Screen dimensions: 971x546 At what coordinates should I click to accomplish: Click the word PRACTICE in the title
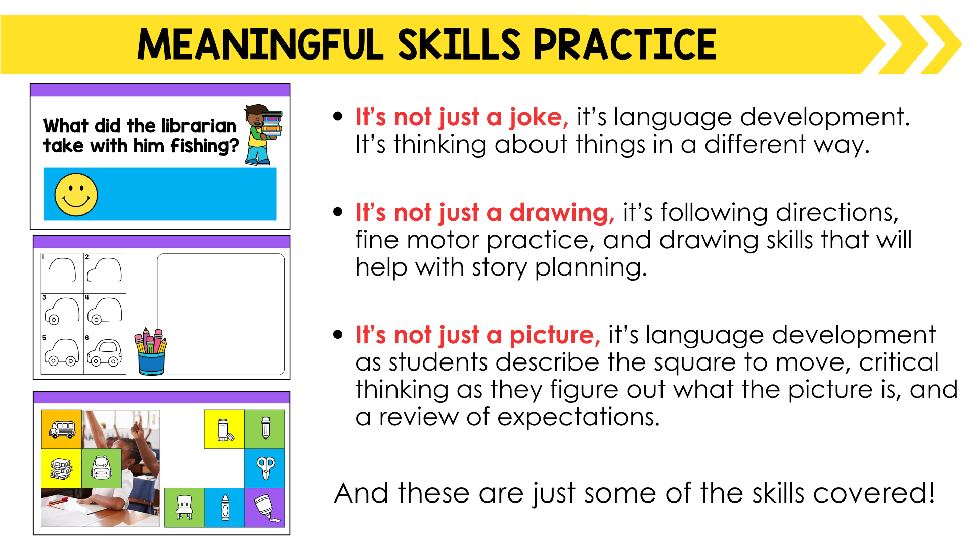(625, 44)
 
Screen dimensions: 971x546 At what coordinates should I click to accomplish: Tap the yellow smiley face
(76, 195)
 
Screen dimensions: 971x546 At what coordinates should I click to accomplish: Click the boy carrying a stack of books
(263, 135)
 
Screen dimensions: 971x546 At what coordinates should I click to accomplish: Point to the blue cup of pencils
(151, 352)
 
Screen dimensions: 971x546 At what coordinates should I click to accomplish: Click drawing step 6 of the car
(105, 354)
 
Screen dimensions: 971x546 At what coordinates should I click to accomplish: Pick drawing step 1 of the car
(62, 274)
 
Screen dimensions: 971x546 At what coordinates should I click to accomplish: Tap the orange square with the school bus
(62, 429)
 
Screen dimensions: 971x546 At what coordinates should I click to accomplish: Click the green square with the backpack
(102, 468)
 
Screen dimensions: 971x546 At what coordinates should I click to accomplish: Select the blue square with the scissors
(264, 468)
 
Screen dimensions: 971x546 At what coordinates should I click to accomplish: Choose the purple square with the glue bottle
(264, 508)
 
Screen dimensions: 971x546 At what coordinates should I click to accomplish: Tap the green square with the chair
(185, 508)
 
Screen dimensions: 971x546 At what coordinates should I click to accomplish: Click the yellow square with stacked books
(62, 468)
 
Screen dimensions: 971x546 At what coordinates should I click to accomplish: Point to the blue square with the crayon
(225, 508)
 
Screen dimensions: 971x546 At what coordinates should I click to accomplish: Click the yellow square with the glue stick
(225, 429)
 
